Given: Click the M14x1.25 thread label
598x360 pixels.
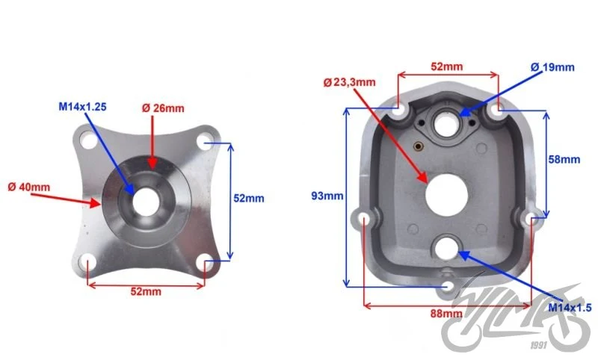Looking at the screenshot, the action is coord(82,107).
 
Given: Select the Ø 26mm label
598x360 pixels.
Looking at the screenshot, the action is coord(163,108).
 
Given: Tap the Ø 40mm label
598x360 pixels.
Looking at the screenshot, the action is coord(29,187).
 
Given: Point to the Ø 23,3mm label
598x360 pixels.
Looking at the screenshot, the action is coord(349,82).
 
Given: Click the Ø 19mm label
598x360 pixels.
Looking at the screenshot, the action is coord(552,67).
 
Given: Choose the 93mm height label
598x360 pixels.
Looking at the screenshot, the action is coord(327,196).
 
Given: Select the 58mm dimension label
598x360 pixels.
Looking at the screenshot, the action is coord(564,159).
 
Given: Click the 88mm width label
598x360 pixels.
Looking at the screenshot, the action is coord(446,314).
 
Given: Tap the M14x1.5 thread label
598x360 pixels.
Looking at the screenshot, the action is coord(570,308).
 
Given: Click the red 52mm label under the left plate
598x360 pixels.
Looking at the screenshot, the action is coord(146,291).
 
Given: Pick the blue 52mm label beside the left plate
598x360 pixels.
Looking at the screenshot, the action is coord(249,198).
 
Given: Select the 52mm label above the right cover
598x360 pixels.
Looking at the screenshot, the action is coord(446,66).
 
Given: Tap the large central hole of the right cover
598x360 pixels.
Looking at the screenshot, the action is coord(446,195).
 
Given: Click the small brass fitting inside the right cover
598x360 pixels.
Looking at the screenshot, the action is coord(419,146).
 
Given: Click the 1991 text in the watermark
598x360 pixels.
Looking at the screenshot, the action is coord(538,345).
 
